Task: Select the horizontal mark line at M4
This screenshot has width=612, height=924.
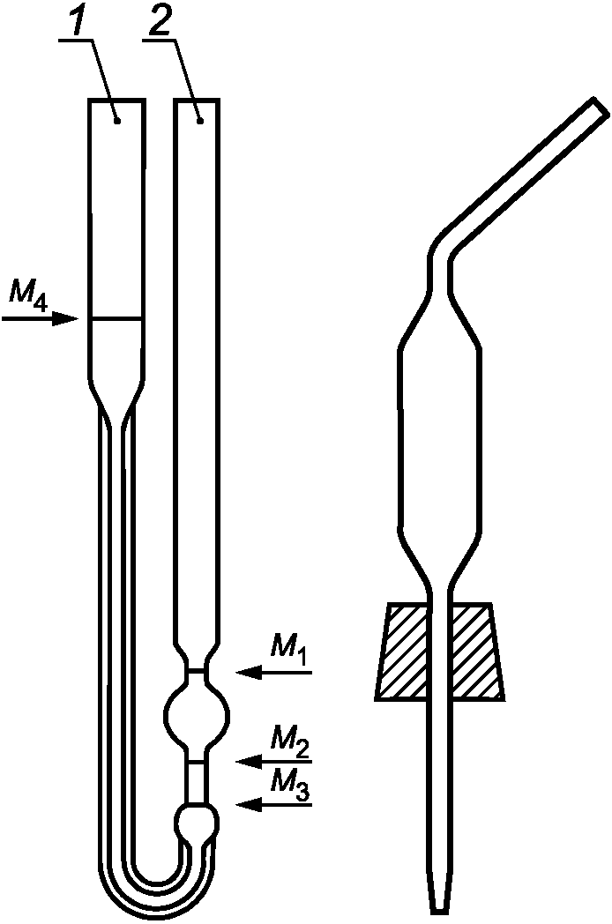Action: click(x=116, y=317)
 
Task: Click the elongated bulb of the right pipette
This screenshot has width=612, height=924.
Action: click(x=439, y=441)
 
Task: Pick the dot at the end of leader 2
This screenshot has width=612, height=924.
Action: click(x=202, y=119)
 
